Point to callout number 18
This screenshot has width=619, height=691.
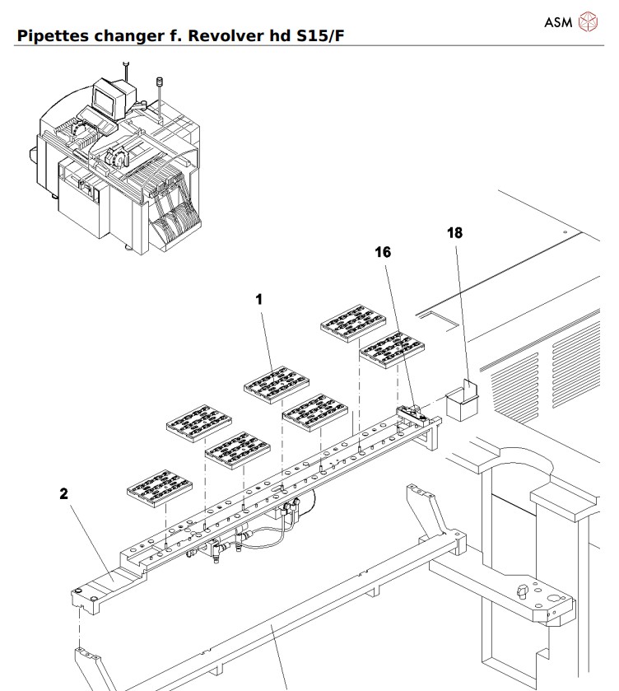coord(454,233)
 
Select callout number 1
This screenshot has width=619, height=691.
coord(259,300)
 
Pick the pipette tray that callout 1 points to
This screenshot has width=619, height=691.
coord(276,385)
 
